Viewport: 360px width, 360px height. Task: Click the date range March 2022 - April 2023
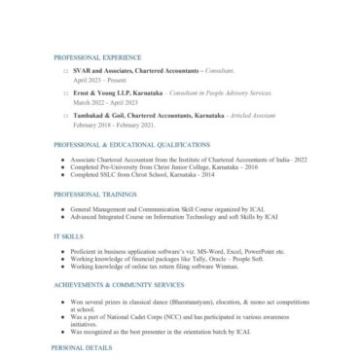point(103,100)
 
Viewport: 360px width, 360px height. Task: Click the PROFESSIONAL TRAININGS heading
point(89,194)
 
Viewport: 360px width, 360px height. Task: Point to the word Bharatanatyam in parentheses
point(189,301)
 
